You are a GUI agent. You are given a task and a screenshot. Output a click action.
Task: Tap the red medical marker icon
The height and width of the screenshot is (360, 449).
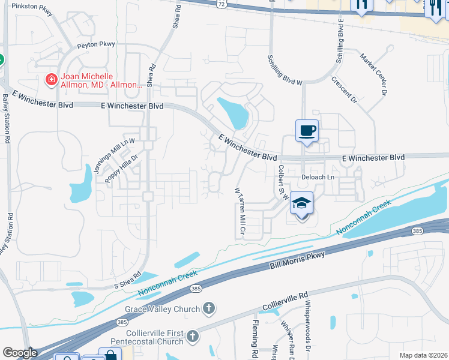tap(52, 79)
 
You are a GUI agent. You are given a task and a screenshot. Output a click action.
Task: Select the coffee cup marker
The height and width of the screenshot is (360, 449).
tap(307, 131)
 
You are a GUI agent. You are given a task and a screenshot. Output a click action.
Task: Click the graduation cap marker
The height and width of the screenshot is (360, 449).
tap(302, 204)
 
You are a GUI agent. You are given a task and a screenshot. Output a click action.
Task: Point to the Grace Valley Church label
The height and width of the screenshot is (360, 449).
tap(162, 310)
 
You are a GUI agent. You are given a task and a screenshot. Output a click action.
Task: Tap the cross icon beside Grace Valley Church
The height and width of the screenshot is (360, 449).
tap(208, 309)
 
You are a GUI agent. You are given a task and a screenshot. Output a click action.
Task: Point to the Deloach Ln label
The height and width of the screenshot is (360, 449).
tap(317, 177)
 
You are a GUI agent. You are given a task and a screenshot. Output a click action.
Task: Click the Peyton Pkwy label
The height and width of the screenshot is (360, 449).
tap(95, 45)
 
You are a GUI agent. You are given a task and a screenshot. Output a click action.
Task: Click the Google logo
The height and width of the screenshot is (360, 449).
tap(20, 353)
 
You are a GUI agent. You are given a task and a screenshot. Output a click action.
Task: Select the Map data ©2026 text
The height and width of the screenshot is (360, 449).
tap(423, 355)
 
